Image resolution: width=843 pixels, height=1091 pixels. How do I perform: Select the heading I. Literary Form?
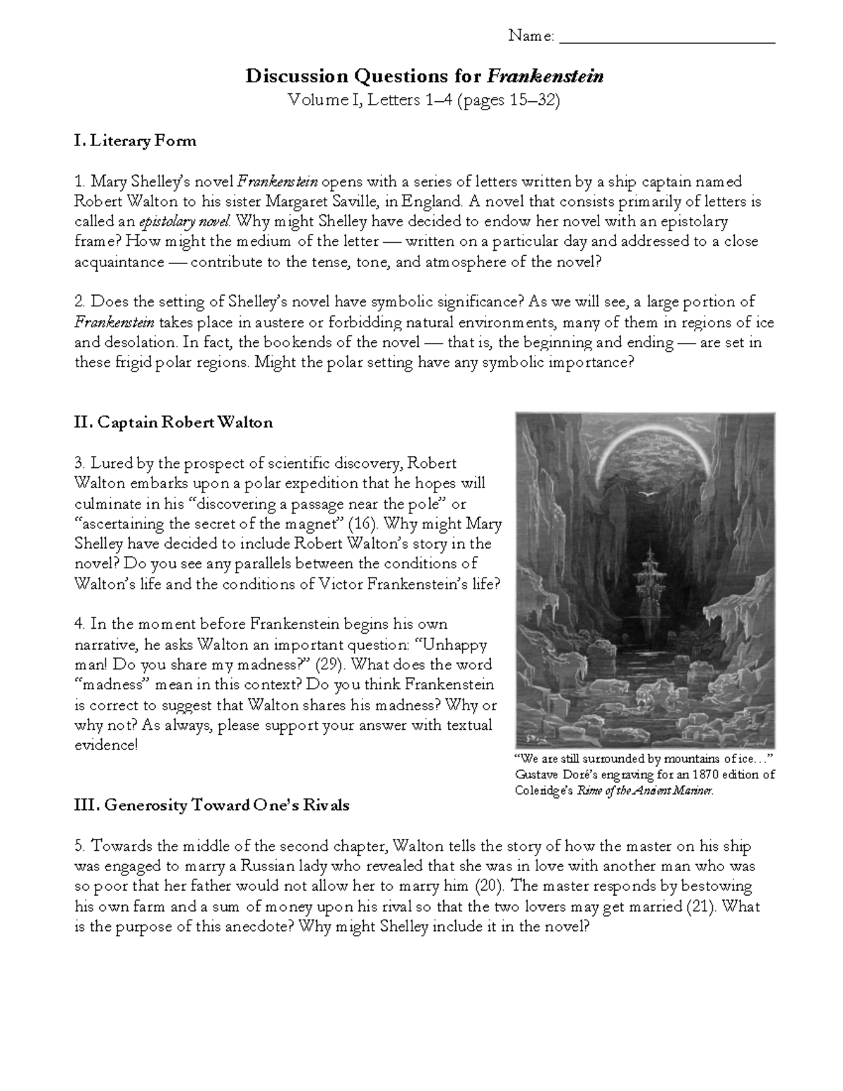(135, 141)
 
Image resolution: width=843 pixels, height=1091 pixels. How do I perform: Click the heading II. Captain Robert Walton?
(173, 422)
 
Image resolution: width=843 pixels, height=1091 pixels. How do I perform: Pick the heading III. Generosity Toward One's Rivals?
(211, 806)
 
